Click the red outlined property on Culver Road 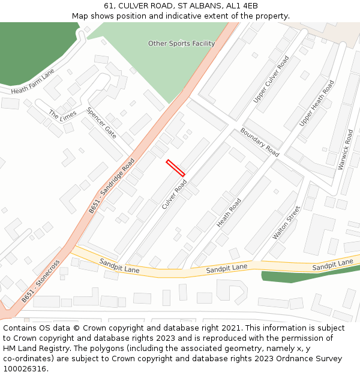coord(175,168)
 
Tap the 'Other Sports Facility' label coord(181,44)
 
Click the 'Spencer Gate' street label coord(101,123)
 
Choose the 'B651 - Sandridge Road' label coord(112,186)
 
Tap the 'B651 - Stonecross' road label coord(41,281)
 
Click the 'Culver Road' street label coord(175,194)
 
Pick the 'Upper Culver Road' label coord(271,79)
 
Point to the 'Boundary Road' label coord(260,142)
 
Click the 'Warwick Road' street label coord(346,149)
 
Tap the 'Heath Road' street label coord(229,212)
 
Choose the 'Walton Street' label coord(286,223)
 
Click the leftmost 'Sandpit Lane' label coord(119,266)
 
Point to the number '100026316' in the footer coord(25,368)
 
